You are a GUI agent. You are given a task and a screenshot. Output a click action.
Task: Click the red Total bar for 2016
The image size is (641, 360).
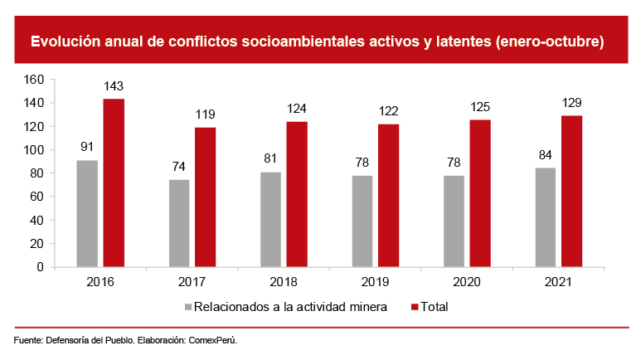coord(114,183)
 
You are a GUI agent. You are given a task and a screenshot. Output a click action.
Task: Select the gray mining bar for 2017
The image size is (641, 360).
coord(179,223)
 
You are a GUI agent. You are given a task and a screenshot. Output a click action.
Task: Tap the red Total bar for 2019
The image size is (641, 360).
coord(388,196)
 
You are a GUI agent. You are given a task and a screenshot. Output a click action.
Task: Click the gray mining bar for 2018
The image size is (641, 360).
coord(271,220)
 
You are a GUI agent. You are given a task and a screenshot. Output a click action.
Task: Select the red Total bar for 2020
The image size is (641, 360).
coord(480,194)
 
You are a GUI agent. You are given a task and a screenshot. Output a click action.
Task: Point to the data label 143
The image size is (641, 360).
coord(114,87)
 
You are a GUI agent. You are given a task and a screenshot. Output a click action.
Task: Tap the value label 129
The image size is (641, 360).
coord(571,103)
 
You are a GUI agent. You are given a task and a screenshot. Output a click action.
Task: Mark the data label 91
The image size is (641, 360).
coord(87,148)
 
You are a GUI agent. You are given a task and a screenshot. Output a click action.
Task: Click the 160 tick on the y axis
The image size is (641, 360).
coord(34,80)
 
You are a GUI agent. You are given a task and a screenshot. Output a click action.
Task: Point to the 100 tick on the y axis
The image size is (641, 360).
coord(34,150)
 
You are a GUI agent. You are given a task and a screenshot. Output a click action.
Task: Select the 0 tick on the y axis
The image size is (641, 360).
coord(40,268)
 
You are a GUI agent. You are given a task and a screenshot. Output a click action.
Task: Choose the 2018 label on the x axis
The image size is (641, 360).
coord(284,282)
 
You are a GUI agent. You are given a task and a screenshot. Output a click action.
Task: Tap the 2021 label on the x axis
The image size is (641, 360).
coord(558,282)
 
